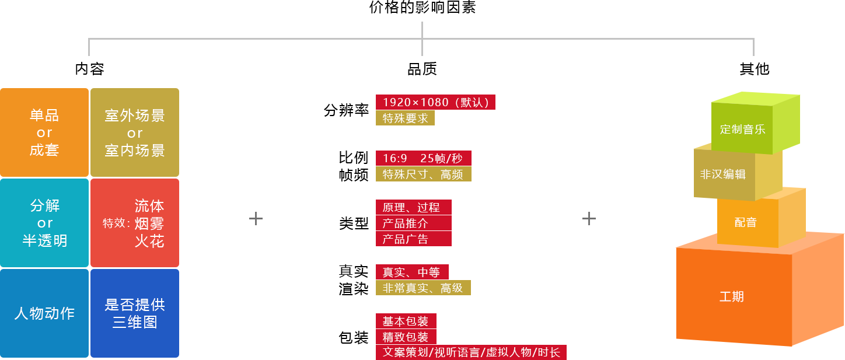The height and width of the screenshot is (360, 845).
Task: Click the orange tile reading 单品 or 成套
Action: (x=44, y=132)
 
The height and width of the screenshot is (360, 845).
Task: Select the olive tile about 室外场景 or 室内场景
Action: (x=135, y=132)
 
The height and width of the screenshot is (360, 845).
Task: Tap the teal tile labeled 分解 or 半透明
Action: (x=44, y=223)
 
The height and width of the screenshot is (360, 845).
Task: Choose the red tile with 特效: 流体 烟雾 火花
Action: (x=135, y=223)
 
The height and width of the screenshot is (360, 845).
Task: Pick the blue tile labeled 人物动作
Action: (x=44, y=313)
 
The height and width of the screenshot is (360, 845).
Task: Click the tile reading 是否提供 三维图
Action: (x=135, y=313)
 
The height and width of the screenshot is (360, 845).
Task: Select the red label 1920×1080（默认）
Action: (x=435, y=102)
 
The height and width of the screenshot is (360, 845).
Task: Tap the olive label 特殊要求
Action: (x=405, y=118)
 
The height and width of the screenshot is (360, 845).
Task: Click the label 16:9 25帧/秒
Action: (x=423, y=158)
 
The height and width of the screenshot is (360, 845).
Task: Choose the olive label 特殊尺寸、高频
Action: (x=423, y=174)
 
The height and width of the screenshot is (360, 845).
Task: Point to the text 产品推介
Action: (x=406, y=223)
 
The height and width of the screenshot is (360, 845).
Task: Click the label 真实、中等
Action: (x=411, y=272)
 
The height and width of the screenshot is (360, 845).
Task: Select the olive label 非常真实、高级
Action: (x=423, y=288)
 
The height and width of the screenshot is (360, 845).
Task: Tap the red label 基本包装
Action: (x=406, y=321)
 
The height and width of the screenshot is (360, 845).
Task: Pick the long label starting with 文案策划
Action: (x=471, y=352)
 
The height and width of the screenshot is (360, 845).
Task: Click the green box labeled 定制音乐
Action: (x=742, y=129)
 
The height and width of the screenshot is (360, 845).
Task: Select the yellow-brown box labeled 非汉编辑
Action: (x=723, y=174)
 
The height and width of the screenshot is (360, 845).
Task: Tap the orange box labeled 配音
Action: (x=746, y=222)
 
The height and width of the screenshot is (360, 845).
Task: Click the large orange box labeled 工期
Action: (x=732, y=296)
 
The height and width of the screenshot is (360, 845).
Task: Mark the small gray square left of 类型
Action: (x=256, y=218)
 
